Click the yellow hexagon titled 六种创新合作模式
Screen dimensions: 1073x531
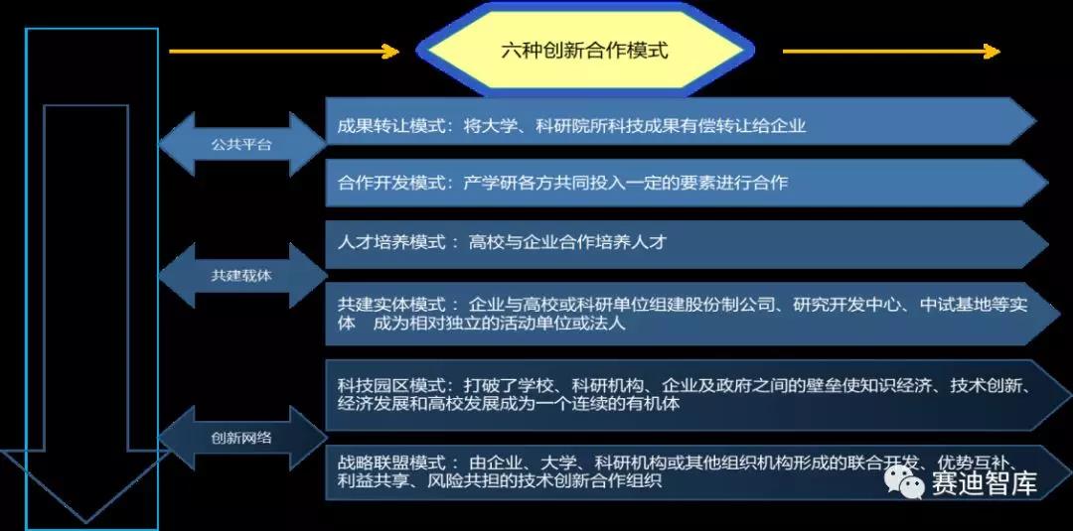[585, 51]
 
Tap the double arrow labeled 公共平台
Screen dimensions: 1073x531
[242, 144]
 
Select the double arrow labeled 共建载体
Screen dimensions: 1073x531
[242, 276]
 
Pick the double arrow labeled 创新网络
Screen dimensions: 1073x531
[242, 438]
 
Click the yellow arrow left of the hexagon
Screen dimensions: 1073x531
[284, 52]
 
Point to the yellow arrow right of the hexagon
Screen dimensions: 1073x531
[891, 52]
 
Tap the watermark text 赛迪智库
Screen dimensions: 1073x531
[984, 483]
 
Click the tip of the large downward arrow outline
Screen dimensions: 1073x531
[86, 523]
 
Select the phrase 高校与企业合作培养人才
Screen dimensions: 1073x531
[567, 242]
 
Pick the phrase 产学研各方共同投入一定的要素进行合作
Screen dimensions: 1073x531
[625, 183]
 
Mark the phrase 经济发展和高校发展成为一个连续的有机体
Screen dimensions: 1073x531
[509, 403]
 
